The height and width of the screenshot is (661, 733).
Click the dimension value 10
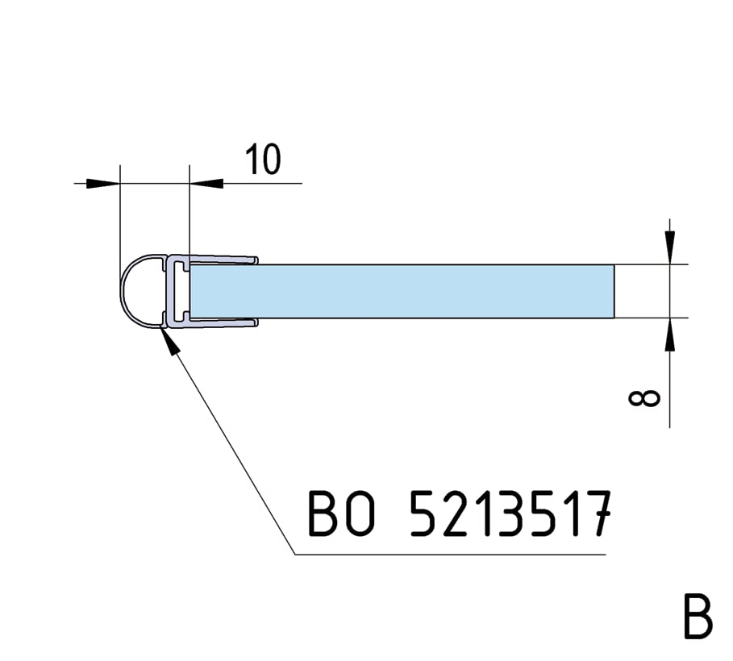264,160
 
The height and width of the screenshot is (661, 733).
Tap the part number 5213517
507,513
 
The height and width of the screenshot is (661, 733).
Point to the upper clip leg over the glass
222,260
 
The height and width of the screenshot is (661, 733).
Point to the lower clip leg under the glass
222,323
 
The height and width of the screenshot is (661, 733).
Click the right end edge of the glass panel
614,290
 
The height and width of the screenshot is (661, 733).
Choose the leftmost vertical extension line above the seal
120,218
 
